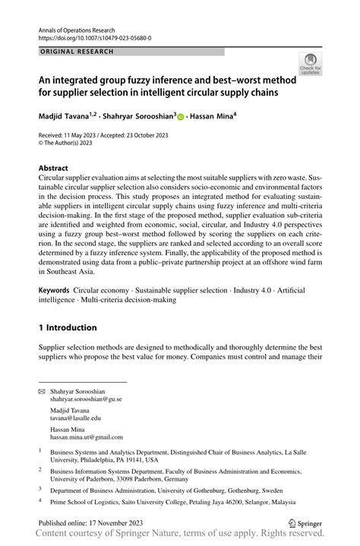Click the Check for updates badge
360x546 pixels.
click(x=311, y=65)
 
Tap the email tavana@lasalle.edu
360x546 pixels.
click(x=75, y=418)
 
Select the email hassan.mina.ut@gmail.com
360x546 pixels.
click(x=86, y=437)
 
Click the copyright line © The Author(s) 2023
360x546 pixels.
click(x=74, y=141)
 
